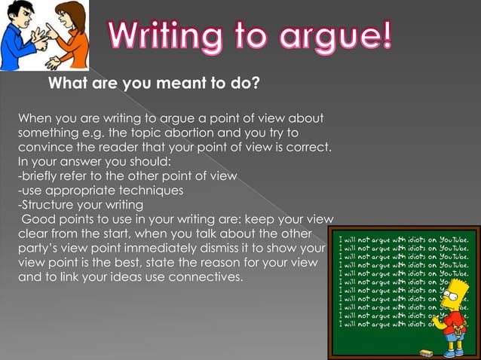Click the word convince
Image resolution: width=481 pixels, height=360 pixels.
click(x=44, y=147)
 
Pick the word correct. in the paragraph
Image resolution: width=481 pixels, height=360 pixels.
click(x=309, y=147)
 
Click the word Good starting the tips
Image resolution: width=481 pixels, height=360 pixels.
click(x=37, y=219)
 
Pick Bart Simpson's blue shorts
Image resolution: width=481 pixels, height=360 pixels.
click(x=454, y=336)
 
